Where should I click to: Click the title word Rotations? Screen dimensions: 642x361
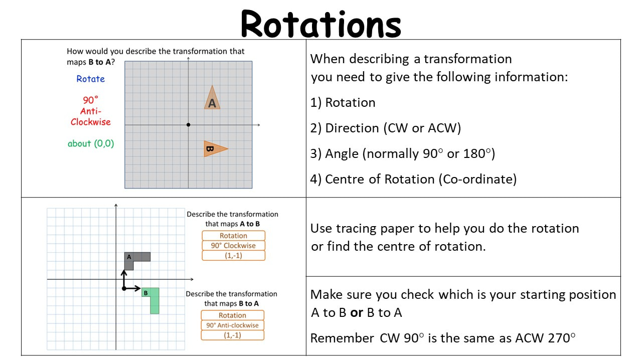321,24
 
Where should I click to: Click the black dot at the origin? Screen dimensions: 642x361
188,125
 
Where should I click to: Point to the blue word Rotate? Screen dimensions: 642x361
91,79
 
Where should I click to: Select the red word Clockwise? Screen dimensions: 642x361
91,122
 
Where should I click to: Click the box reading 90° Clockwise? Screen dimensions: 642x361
233,246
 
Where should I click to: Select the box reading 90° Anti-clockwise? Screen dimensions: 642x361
232,325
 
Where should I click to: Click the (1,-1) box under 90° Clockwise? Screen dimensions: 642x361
233,256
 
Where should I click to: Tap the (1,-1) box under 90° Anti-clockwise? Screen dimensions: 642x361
232,335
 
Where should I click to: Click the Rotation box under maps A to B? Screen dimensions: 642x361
233,236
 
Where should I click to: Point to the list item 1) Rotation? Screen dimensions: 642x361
343,103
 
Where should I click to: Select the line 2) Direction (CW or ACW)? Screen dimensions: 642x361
386,128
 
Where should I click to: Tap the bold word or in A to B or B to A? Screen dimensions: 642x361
357,312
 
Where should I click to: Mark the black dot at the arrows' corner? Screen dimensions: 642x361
124,288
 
